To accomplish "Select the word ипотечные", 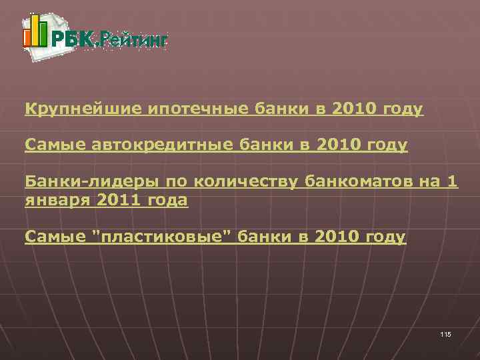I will [183, 109].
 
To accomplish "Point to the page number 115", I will [445, 333].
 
